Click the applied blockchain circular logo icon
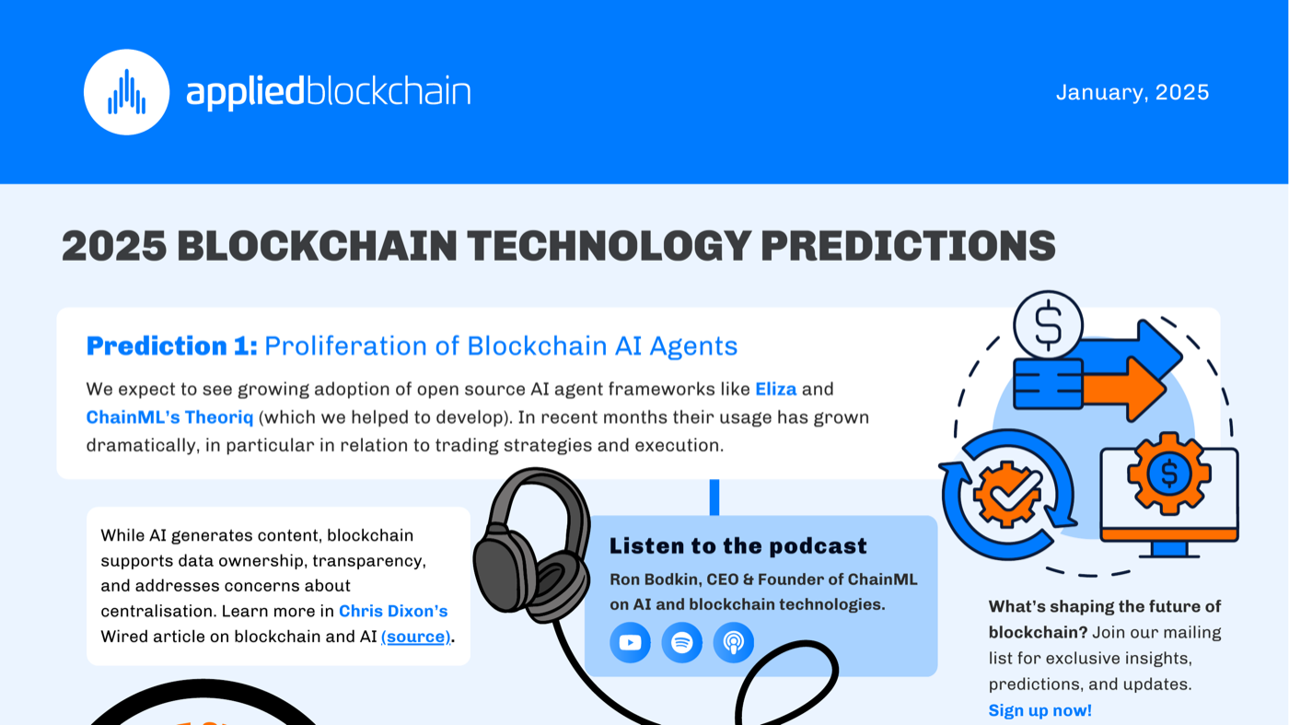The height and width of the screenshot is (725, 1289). click(127, 92)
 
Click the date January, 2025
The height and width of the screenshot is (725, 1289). click(1132, 93)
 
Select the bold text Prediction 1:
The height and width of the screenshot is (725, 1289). click(171, 346)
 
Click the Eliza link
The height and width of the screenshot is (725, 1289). click(775, 390)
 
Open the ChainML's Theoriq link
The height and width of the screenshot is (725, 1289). click(169, 417)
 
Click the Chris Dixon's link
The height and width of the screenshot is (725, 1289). click(393, 611)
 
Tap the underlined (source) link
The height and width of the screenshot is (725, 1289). click(415, 637)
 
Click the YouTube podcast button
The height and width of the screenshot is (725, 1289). click(630, 642)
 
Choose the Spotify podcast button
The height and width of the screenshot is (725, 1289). click(682, 642)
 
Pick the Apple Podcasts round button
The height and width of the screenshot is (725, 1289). click(733, 642)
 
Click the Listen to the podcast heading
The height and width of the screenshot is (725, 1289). click(737, 546)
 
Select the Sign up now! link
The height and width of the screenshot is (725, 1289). click(1039, 710)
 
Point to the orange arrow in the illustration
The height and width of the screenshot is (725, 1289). click(1122, 390)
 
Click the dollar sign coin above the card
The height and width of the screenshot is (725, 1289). click(1048, 325)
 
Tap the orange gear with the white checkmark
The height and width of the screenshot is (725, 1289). click(1007, 495)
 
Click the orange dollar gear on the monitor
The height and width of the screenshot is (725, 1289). click(1168, 474)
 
